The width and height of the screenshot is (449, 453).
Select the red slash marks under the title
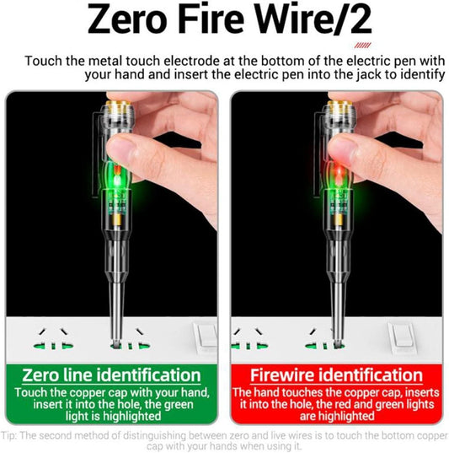(x=362, y=46)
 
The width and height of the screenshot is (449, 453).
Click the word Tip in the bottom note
(x=11, y=436)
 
